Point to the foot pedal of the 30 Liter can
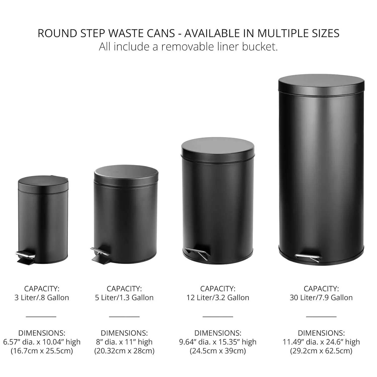[308, 257]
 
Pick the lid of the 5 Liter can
[126, 173]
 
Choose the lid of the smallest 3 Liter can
[43, 183]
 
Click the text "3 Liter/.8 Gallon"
[42, 298]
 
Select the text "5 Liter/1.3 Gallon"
[124, 298]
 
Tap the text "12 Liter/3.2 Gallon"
[218, 298]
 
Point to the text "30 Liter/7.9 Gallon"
[321, 298]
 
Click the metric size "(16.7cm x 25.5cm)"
[42, 351]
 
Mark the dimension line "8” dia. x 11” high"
[124, 342]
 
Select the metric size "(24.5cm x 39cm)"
[218, 351]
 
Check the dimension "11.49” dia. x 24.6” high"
[321, 342]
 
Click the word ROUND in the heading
[57, 33]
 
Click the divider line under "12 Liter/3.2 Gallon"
[218, 317]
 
